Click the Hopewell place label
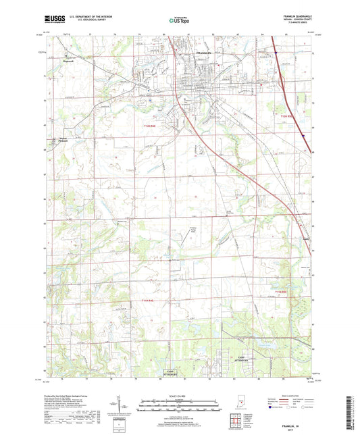click(x=66, y=58)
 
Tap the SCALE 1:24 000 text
click(x=179, y=396)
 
